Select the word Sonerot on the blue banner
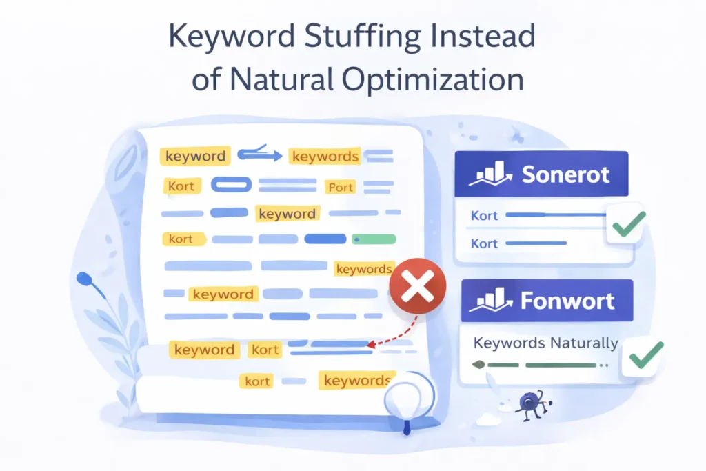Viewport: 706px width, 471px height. pos(565,174)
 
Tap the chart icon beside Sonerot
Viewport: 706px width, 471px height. pos(489,174)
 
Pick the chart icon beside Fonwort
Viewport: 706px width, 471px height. pos(490,302)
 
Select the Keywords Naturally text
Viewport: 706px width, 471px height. pos(546,343)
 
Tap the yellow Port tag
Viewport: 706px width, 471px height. pos(340,187)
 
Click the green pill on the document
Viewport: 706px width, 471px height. pos(374,239)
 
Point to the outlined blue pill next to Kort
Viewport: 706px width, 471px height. pos(231,185)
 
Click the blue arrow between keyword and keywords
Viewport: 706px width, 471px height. pos(259,154)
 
